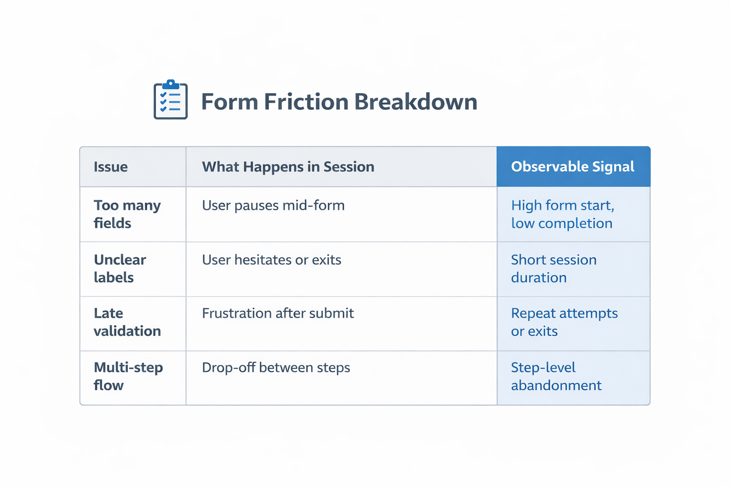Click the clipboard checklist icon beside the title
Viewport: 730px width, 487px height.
(171, 99)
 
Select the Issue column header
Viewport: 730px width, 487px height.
(111, 167)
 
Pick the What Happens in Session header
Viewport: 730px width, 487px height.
(288, 167)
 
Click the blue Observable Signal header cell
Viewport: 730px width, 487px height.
(573, 166)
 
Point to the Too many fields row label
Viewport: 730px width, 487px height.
(127, 214)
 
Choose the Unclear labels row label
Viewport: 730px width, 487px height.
(120, 269)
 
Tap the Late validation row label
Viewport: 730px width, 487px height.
(127, 322)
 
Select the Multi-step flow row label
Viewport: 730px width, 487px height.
(128, 376)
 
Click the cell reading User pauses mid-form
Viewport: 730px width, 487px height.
(273, 205)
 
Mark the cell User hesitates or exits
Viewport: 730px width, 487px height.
(271, 260)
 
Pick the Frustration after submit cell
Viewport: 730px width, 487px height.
(278, 313)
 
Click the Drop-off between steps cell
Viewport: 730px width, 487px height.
(276, 368)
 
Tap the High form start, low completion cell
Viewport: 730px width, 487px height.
(562, 214)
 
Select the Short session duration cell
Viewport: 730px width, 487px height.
(553, 269)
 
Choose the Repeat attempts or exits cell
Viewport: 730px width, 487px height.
(564, 322)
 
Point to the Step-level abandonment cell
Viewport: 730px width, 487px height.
(556, 376)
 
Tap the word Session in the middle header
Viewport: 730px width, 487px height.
(349, 167)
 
